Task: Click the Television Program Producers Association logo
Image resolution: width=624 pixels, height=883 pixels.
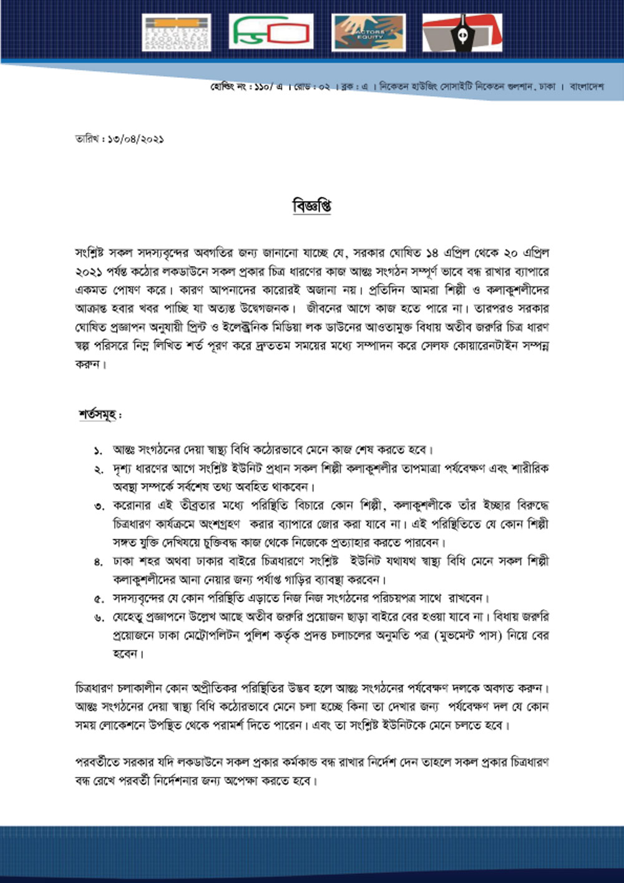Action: pos(177,32)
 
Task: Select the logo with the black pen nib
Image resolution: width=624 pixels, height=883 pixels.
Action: pos(462,32)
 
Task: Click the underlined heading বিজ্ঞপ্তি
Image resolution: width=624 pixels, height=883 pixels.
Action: pos(311,206)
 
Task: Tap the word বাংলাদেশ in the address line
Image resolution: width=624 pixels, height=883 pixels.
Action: pos(586,87)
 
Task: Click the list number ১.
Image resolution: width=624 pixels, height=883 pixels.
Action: pos(98,450)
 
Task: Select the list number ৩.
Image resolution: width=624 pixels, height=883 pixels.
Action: pos(98,505)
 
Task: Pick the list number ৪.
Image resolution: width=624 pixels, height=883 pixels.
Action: pos(98,562)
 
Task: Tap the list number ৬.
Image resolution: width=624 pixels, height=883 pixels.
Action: pos(98,617)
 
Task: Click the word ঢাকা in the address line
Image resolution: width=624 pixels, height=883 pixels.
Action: pos(548,87)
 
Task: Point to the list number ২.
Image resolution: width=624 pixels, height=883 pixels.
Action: pos(98,469)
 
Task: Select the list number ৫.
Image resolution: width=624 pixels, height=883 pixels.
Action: pos(98,599)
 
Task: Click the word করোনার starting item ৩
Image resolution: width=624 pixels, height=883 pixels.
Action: pos(132,505)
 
